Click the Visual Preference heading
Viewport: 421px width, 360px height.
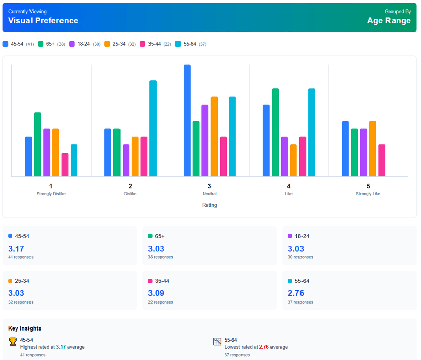(x=43, y=21)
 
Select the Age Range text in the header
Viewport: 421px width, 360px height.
(x=388, y=21)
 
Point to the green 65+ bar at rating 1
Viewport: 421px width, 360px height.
(x=38, y=145)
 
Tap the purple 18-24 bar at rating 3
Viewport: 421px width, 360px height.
(x=205, y=141)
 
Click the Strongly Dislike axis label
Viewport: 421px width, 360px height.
(x=51, y=194)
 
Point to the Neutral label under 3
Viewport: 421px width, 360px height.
(x=209, y=194)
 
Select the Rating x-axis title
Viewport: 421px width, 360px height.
(x=209, y=205)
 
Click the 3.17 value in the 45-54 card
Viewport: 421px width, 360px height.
(x=16, y=249)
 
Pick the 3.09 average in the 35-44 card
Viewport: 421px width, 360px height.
(x=156, y=293)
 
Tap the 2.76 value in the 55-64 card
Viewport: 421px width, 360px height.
(x=296, y=293)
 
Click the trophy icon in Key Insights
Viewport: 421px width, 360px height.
(x=13, y=342)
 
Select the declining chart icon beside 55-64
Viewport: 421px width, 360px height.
(x=217, y=342)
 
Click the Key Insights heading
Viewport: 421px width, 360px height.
(x=25, y=328)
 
